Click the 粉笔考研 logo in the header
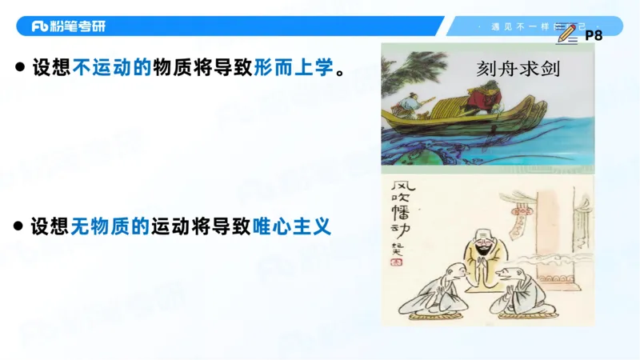(x=69, y=26)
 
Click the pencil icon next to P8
(x=566, y=34)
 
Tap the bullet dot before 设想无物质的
(x=18, y=227)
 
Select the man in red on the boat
(x=482, y=103)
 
